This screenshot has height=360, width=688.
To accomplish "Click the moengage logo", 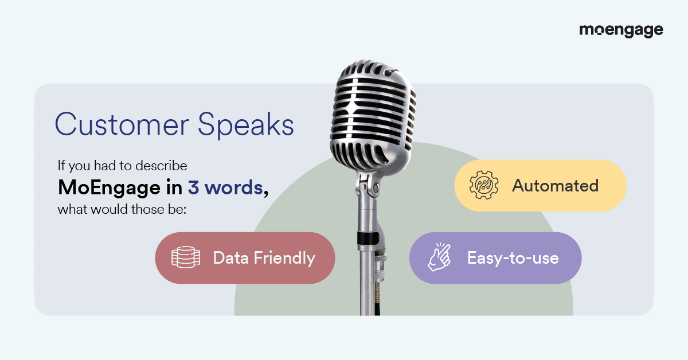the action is [x=621, y=31].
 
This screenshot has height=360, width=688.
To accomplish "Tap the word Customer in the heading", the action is [x=122, y=124].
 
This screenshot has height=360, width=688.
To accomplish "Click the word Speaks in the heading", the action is [x=246, y=124].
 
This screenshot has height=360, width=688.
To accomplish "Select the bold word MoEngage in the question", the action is [x=109, y=187].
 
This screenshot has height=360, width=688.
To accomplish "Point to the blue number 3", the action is [x=193, y=187].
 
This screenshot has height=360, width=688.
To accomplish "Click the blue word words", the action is [x=234, y=187].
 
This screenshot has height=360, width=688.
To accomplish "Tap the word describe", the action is [x=161, y=166].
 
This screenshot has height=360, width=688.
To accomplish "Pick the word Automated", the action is [x=556, y=186].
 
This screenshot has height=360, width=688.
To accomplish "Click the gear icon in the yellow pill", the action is [x=484, y=185].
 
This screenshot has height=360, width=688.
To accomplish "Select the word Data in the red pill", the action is [x=230, y=258].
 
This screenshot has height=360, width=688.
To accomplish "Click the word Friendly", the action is [x=284, y=258].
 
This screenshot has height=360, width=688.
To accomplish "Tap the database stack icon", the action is [x=186, y=257].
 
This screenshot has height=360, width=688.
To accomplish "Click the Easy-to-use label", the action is [x=513, y=258].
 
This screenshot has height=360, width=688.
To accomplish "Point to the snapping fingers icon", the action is [x=440, y=257].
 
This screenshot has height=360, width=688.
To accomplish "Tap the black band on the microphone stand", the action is [x=368, y=238].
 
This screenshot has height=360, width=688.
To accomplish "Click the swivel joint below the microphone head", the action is [x=368, y=186].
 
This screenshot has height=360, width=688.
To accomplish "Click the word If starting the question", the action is [x=61, y=165].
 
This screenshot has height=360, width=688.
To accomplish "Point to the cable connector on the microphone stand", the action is [x=380, y=264].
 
